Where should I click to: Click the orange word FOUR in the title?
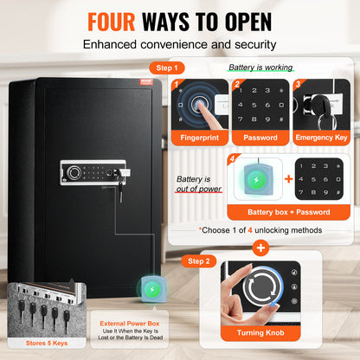tap(112, 22)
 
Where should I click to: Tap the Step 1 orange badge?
tap(167, 68)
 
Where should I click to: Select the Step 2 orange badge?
tap(199, 261)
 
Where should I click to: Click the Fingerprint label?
tap(200, 138)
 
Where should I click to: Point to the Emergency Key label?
tap(321, 138)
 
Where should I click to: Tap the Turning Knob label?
tap(260, 333)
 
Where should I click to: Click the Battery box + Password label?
tap(289, 212)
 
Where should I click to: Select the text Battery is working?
tap(260, 67)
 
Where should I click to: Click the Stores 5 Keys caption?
tap(47, 343)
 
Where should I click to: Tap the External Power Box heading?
tap(130, 324)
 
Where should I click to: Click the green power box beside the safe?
tap(152, 289)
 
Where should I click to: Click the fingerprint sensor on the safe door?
tap(73, 172)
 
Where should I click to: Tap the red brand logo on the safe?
tap(146, 82)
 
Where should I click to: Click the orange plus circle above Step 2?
tap(260, 248)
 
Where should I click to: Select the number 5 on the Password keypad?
tap(254, 105)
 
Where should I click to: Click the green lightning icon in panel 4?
tap(256, 180)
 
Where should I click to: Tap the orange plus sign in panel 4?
tap(288, 179)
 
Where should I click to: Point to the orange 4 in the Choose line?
tap(250, 230)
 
